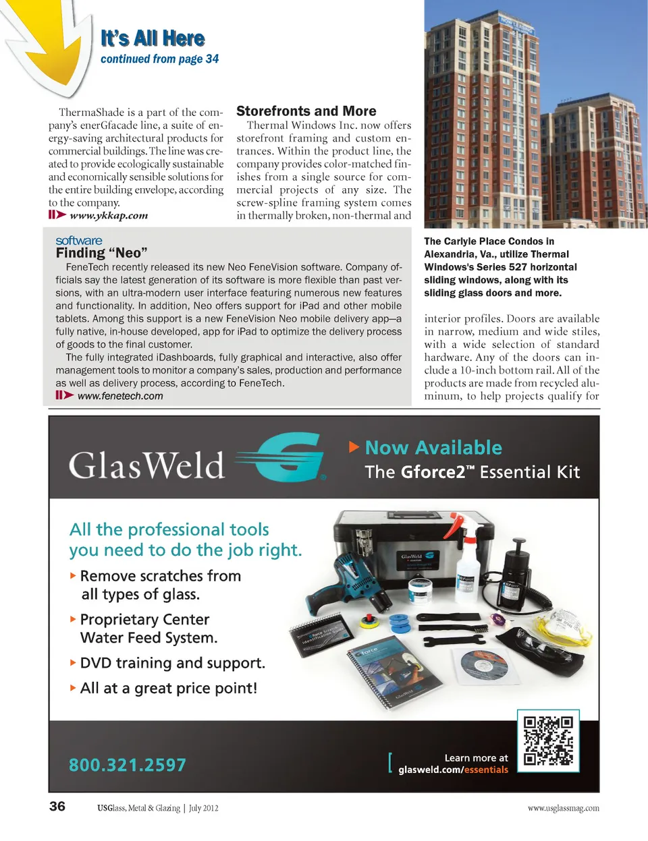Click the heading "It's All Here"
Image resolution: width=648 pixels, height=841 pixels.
click(153, 38)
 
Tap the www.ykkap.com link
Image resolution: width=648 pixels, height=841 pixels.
click(109, 216)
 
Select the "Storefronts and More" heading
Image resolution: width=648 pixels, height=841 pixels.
click(306, 111)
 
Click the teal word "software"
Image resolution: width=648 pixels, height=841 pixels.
click(79, 241)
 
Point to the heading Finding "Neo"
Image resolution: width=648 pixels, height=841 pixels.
click(101, 254)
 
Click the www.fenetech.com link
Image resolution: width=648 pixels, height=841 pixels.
click(120, 396)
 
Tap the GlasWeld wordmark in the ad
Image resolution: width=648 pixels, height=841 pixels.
click(146, 465)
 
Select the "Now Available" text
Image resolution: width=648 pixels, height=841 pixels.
click(433, 448)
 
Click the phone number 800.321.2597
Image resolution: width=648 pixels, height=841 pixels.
click(128, 765)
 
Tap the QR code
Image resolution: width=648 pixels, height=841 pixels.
click(548, 741)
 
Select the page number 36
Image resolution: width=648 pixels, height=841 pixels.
click(57, 807)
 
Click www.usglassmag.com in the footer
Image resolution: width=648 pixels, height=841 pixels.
click(563, 808)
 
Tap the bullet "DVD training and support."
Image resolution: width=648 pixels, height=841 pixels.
click(172, 663)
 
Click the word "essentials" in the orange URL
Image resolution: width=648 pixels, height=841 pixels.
click(486, 770)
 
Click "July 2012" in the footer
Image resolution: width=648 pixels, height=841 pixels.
click(203, 808)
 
